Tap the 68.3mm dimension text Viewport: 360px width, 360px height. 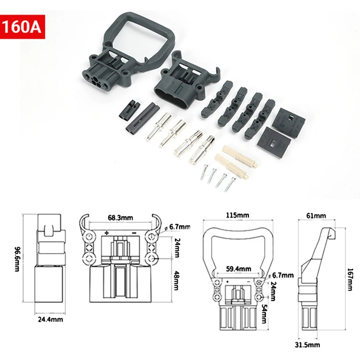(x=120, y=218)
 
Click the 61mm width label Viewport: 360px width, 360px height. (x=318, y=216)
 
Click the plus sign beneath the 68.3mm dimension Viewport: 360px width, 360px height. (x=107, y=233)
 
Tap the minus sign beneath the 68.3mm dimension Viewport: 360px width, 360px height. (x=134, y=233)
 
